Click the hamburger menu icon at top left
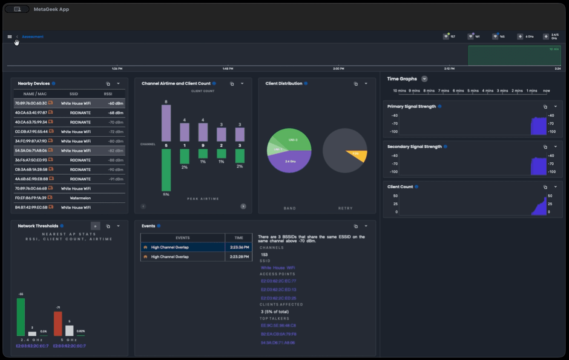(10, 37)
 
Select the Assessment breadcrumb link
(33, 37)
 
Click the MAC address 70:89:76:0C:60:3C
(31, 103)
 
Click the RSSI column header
(108, 94)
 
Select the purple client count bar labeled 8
(166, 123)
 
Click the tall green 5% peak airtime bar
(166, 170)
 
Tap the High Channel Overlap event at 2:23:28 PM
(170, 257)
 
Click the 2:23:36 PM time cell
(239, 248)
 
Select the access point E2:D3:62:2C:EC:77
(279, 281)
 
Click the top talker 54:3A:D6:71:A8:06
(278, 343)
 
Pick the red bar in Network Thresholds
(58, 324)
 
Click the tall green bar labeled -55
(21, 317)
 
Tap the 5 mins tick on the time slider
(473, 91)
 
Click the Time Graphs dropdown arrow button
(424, 79)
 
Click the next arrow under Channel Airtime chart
(243, 206)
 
